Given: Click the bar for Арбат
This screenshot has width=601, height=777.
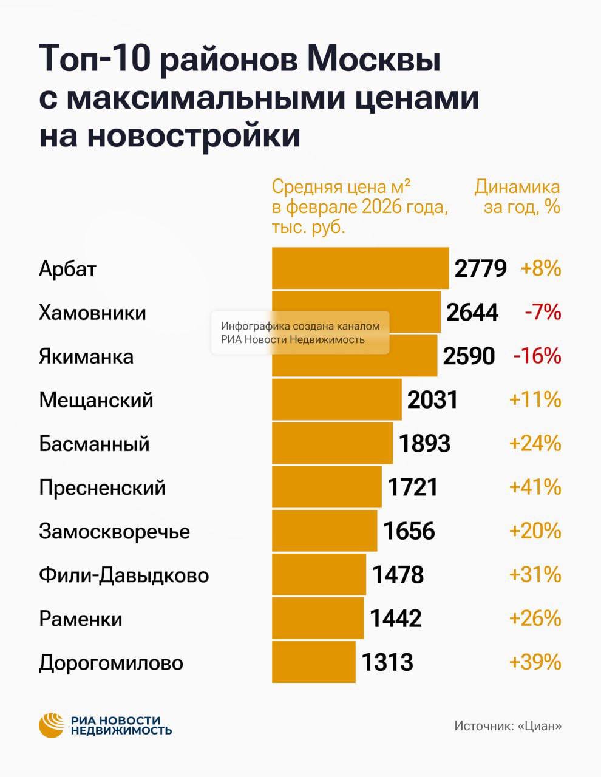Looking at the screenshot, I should [360, 268].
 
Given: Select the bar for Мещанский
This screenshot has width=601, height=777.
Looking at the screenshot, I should [336, 399].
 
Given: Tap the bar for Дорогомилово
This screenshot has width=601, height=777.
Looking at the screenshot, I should [313, 662].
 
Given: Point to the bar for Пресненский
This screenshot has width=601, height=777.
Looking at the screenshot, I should [327, 487].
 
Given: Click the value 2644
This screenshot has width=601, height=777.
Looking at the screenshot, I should [472, 312].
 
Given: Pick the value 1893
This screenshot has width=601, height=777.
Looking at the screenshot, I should [424, 443].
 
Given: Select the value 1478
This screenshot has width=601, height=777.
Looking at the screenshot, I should [398, 574].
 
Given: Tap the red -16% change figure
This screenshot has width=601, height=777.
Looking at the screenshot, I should [537, 356].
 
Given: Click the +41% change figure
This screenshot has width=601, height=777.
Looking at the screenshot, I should [535, 487].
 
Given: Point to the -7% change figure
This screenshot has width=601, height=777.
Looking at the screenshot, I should [543, 312].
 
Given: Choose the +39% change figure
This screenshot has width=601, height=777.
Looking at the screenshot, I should [535, 662].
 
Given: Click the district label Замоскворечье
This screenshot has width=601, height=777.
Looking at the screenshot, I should [114, 531].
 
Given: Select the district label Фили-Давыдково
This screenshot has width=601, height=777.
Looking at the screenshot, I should [124, 575].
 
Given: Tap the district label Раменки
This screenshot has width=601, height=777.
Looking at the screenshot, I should [81, 619].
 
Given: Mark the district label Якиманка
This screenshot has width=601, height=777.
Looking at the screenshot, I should [86, 356].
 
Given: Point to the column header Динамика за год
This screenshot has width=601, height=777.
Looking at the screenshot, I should [517, 197].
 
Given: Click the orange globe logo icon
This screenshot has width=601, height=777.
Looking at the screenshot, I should [52, 725].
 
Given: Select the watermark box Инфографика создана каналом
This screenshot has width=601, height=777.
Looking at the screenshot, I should [300, 333].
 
